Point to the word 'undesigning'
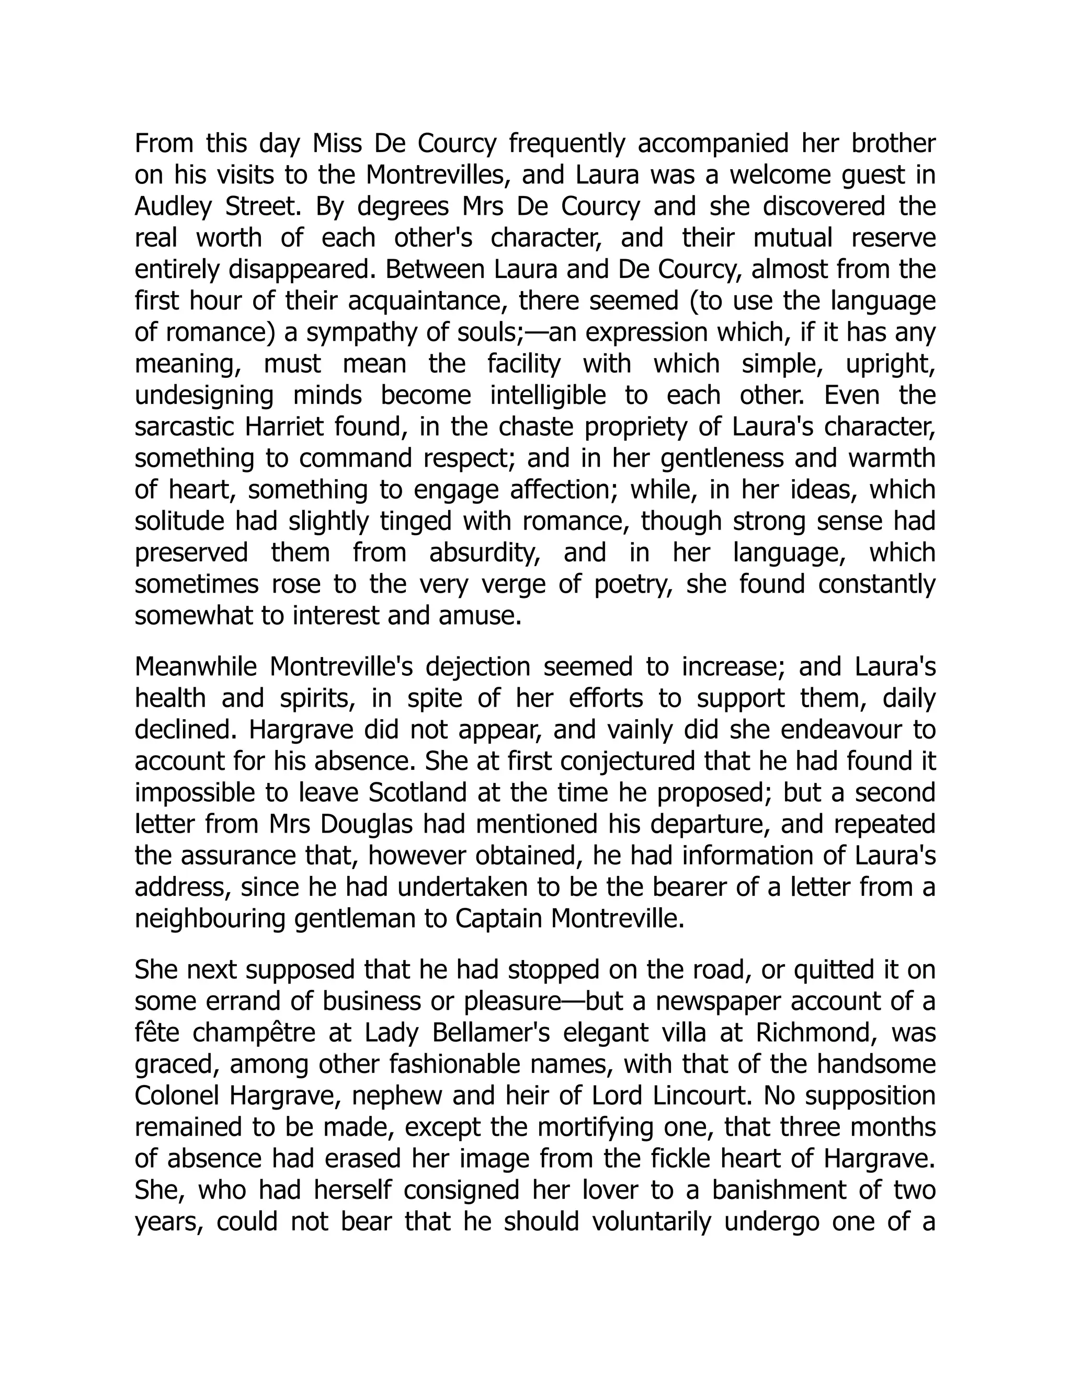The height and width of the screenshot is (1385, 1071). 203,396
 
